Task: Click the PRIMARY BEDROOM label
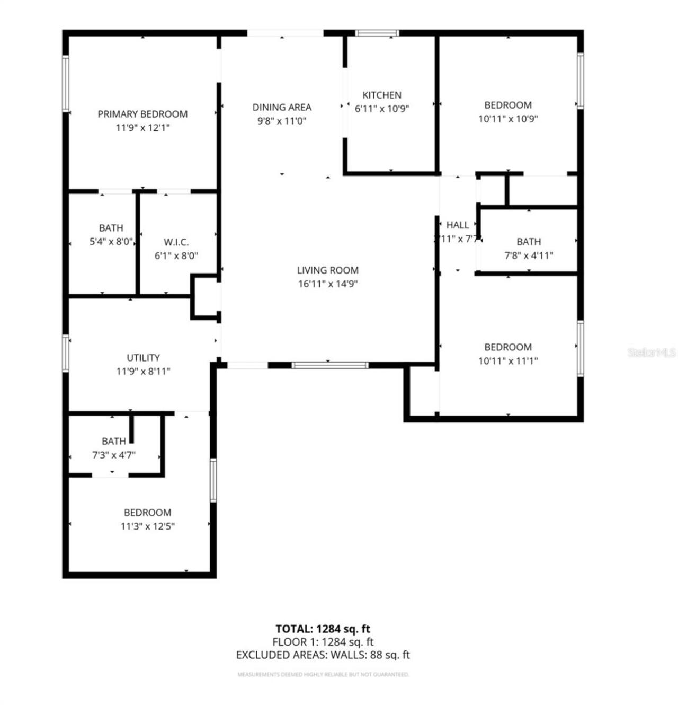click(142, 114)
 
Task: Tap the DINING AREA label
click(282, 107)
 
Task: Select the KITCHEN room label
click(382, 95)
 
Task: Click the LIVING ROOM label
click(328, 270)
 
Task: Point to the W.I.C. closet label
click(176, 242)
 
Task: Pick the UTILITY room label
click(143, 358)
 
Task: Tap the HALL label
click(457, 225)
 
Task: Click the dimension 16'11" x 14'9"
click(328, 284)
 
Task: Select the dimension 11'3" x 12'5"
click(148, 526)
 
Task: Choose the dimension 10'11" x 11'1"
click(508, 361)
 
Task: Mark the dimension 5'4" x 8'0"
click(111, 242)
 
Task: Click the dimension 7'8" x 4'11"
click(529, 255)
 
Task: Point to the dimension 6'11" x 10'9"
click(382, 109)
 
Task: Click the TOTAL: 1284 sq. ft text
click(323, 629)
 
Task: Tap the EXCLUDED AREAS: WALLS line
click(323, 655)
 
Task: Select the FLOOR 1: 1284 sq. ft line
click(323, 642)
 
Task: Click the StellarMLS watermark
click(652, 352)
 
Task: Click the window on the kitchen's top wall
click(377, 33)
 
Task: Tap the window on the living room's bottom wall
click(329, 365)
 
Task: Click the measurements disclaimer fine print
click(323, 675)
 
